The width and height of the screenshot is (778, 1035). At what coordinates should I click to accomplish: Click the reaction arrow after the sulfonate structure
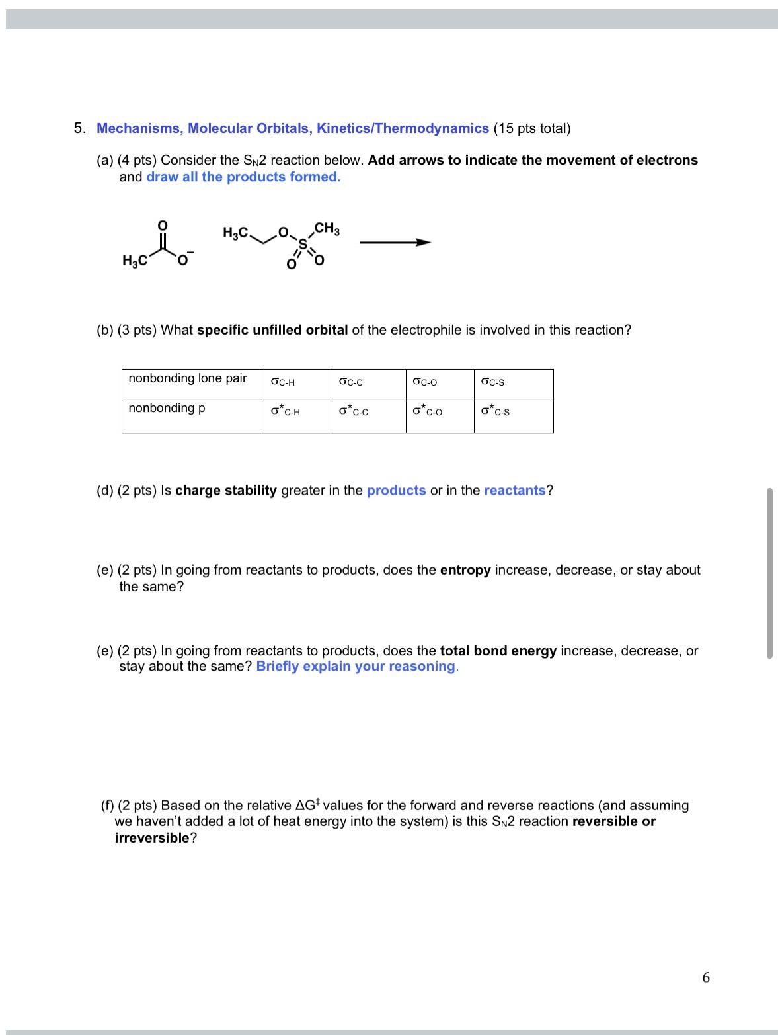click(x=395, y=243)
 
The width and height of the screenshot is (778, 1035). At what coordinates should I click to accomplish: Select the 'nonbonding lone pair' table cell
click(x=188, y=378)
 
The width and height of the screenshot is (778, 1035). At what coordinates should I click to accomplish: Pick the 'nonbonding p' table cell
click(x=167, y=408)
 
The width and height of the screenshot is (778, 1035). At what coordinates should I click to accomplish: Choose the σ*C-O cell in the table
click(x=427, y=411)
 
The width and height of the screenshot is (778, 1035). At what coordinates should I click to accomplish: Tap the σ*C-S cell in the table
click(x=496, y=411)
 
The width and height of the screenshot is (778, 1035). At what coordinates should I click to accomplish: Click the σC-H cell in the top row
click(x=283, y=382)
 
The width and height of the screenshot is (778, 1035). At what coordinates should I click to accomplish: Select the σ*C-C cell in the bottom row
click(x=354, y=411)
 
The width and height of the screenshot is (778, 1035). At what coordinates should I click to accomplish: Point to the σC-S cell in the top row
click(x=493, y=382)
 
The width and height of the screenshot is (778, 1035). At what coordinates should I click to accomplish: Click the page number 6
click(x=706, y=977)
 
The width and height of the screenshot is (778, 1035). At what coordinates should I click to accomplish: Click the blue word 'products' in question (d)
click(x=396, y=490)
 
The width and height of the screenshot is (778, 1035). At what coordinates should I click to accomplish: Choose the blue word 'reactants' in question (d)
click(x=515, y=490)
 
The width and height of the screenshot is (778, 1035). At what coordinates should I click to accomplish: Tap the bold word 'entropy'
click(x=465, y=570)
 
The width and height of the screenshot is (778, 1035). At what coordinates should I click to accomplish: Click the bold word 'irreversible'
click(x=152, y=838)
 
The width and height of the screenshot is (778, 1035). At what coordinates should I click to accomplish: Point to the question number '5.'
click(x=79, y=128)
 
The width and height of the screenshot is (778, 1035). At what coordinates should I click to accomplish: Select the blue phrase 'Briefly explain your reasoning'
click(x=356, y=666)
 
